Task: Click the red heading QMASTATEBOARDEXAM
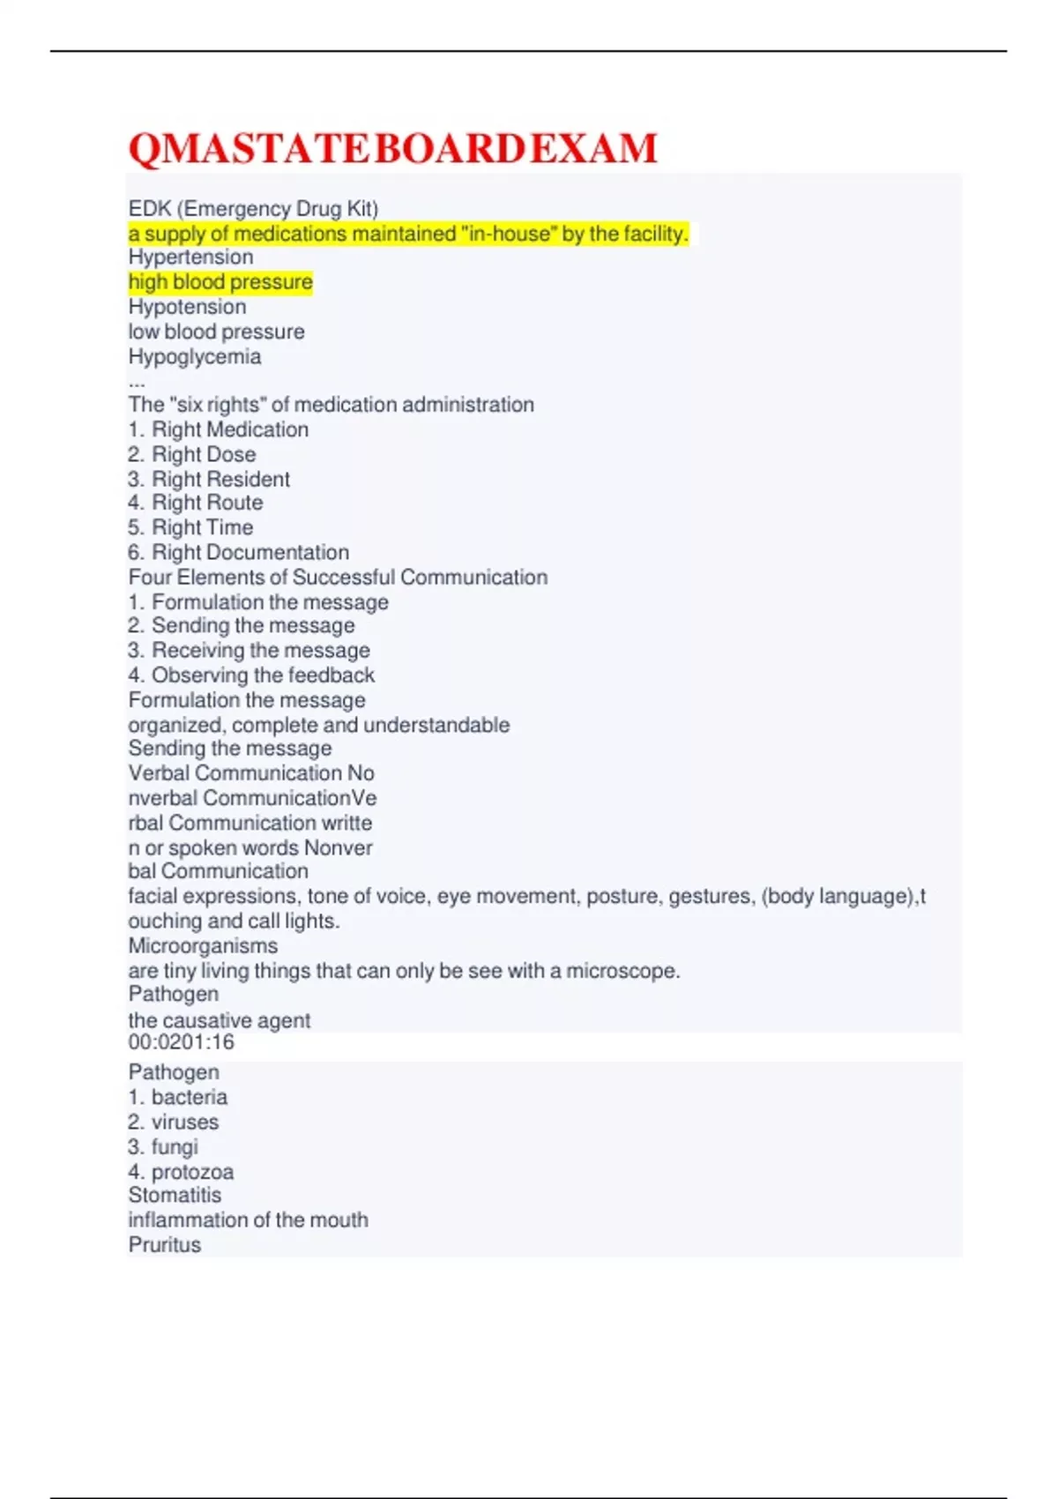392,148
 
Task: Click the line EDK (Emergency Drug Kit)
253,209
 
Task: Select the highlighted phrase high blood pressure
220,282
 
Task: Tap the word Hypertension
190,257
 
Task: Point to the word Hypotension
187,307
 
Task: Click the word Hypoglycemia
194,357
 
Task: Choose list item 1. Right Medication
218,429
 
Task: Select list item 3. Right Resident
209,479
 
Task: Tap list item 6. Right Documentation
238,553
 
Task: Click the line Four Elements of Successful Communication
338,578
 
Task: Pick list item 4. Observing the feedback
251,675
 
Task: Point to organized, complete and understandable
318,725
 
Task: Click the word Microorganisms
203,946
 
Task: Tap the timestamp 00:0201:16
181,1042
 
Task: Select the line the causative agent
219,1020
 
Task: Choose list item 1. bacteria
177,1097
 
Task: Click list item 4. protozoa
181,1172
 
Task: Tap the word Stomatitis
175,1196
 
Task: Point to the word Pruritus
164,1245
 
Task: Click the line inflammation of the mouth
248,1220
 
